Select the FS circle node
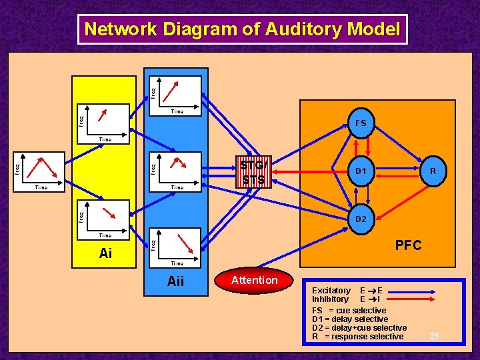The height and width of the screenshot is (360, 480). [360, 123]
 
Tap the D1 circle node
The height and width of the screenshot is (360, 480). [360, 171]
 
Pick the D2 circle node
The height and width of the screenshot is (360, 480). [360, 219]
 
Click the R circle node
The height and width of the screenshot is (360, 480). [433, 171]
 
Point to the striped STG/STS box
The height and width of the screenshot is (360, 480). [253, 171]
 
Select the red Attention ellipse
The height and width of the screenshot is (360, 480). [253, 281]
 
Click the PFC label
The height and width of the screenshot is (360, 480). [407, 245]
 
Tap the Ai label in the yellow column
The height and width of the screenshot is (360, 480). [105, 254]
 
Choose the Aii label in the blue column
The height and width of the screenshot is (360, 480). [175, 281]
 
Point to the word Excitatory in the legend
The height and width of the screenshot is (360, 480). [331, 291]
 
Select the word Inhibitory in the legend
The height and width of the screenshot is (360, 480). [330, 299]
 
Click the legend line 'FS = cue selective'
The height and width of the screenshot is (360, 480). [349, 311]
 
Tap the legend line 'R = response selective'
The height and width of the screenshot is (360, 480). [357, 337]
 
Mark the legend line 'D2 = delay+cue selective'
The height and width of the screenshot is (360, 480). [359, 328]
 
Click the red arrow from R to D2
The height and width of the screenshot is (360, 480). [399, 197]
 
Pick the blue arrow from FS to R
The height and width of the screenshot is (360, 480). [398, 146]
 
